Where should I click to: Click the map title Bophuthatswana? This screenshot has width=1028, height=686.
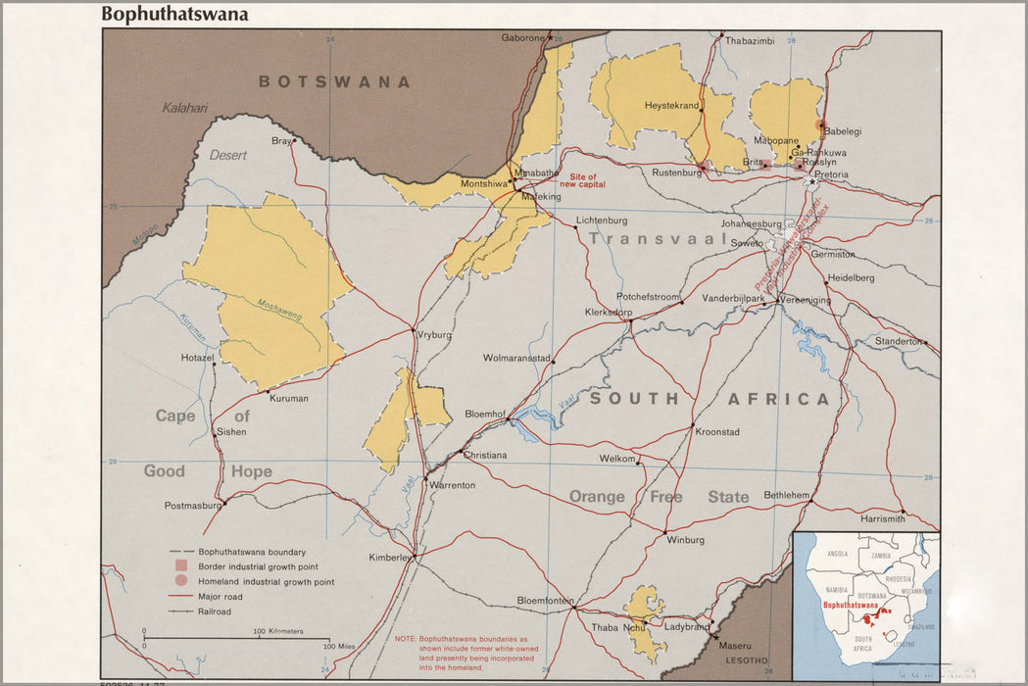pyautogui.click(x=174, y=15)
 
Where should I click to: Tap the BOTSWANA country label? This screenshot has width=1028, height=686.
pyautogui.click(x=334, y=82)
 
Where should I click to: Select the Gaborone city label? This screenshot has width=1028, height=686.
pyautogui.click(x=522, y=38)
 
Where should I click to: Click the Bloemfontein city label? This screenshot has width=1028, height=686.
pyautogui.click(x=545, y=600)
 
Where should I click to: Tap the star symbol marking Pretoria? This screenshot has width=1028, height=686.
pyautogui.click(x=810, y=182)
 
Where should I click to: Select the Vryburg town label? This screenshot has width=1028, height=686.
pyautogui.click(x=435, y=335)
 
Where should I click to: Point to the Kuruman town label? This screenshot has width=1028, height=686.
pyautogui.click(x=289, y=399)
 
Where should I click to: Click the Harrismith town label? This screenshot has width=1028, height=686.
pyautogui.click(x=882, y=517)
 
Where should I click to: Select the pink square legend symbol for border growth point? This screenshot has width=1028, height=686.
pyautogui.click(x=180, y=566)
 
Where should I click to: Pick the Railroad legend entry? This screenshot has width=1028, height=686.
pyautogui.click(x=215, y=611)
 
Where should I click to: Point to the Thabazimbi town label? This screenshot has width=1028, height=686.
pyautogui.click(x=750, y=41)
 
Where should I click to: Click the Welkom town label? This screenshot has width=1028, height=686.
pyautogui.click(x=617, y=458)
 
